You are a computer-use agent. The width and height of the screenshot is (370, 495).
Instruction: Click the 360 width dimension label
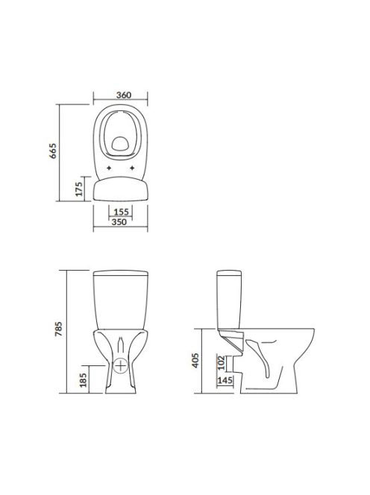pos(124,95)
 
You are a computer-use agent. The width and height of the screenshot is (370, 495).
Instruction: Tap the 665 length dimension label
pos(53,151)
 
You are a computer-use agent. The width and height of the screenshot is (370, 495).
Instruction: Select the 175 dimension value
pos(79,189)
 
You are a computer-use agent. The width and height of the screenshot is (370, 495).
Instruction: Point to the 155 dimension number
pos(122,212)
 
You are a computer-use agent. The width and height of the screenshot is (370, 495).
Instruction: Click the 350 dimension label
pos(119,222)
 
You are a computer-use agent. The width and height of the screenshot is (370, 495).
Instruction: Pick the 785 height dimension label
pos(59,329)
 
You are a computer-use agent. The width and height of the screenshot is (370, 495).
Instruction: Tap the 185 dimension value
pos(83,380)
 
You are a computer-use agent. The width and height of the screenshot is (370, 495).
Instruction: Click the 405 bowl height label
pos(195,361)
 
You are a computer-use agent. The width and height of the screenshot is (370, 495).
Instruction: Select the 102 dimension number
pos(221,363)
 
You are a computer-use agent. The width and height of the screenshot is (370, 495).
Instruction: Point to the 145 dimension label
pos(225,380)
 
